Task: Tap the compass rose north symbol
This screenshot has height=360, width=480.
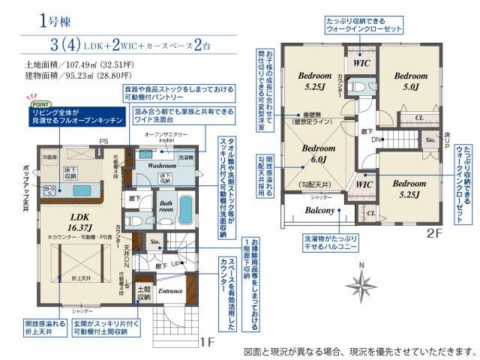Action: click(362, 283)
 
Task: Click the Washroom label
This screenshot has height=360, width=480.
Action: click(161, 164)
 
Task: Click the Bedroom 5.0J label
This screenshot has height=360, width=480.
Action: click(410, 80)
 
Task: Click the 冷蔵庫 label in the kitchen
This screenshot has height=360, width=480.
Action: click(50, 157)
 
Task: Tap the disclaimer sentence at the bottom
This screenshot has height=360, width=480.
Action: click(360, 349)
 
